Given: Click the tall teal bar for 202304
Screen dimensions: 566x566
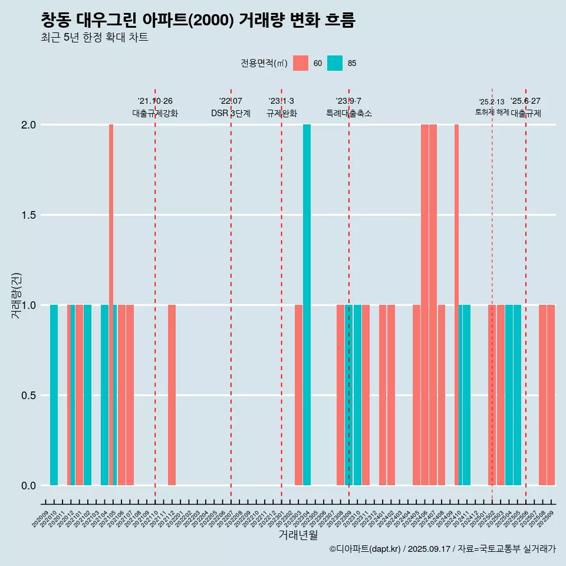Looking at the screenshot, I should click(x=307, y=305).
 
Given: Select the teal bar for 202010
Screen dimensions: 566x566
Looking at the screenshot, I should click(x=54, y=395).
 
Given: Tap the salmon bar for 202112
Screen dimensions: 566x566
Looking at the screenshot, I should click(x=172, y=395).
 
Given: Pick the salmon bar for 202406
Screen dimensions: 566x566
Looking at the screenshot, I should click(x=424, y=305).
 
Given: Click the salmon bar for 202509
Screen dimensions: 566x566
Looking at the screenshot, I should click(x=551, y=395).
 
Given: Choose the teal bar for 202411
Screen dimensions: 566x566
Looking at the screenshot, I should click(x=466, y=395).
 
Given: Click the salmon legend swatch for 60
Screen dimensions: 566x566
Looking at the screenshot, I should click(x=301, y=63).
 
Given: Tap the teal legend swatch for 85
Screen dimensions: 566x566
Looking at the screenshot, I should click(x=335, y=63).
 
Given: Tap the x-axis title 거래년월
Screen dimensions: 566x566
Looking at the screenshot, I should click(x=298, y=535).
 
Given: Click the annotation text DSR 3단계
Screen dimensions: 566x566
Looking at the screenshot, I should click(x=231, y=113).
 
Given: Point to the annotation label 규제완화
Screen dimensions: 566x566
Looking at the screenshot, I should click(x=281, y=113).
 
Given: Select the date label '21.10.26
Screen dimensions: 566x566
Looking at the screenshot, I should click(x=155, y=101).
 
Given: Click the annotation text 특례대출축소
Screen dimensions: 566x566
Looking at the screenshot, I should click(x=349, y=113).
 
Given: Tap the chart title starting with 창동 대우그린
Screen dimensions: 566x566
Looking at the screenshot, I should click(x=198, y=20).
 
